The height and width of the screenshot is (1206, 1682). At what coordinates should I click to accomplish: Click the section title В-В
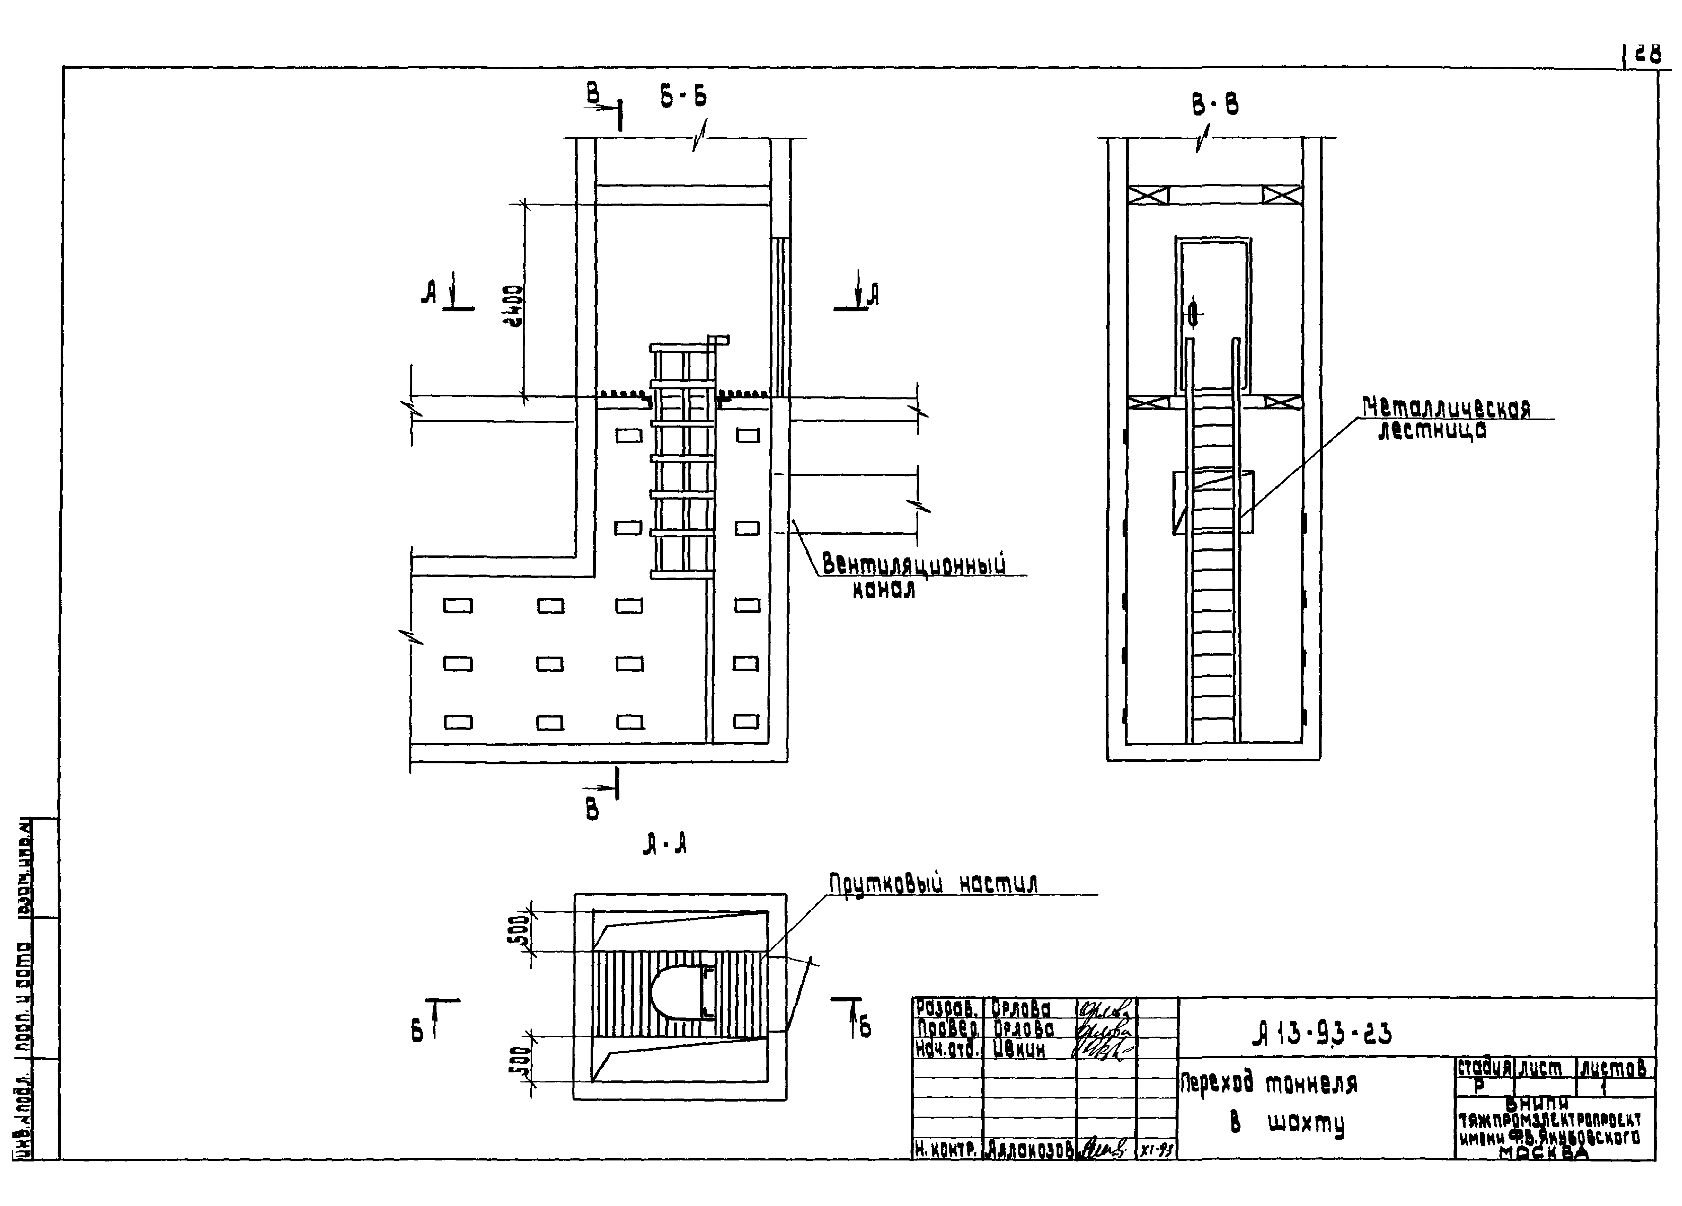coord(1215,105)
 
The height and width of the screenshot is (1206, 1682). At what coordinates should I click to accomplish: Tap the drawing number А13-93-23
coord(1322,1033)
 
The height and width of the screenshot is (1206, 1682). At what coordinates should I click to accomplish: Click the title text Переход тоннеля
coord(1268,1084)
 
